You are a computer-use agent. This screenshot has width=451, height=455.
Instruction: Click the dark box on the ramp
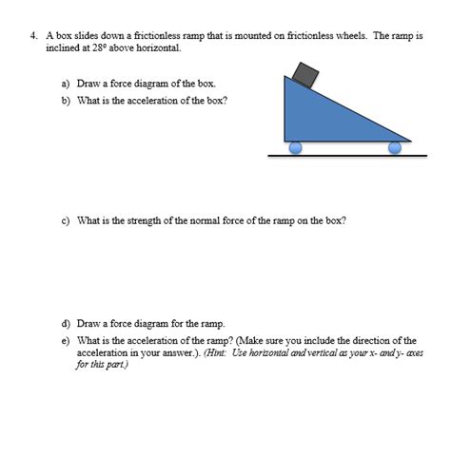[306, 73]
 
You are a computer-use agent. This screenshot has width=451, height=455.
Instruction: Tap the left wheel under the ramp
[295, 147]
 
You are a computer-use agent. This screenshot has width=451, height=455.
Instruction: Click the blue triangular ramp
[319, 119]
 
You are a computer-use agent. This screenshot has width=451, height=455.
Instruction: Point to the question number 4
[33, 35]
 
